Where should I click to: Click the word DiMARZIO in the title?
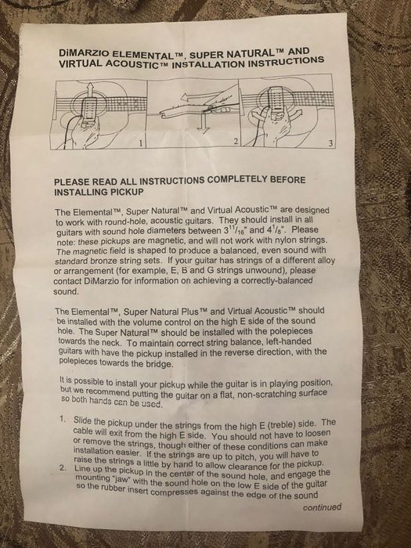83,53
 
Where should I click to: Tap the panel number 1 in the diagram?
141,142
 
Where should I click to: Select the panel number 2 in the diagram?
236,142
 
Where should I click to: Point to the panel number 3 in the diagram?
330,143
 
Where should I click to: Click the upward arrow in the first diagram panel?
90,91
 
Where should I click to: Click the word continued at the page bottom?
322,507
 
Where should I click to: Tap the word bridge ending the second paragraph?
160,364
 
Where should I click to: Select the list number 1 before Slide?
63,419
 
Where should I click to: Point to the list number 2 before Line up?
63,468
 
